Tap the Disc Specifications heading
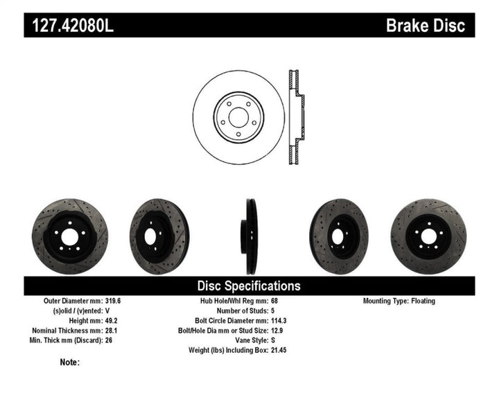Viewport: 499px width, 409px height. click(x=249, y=286)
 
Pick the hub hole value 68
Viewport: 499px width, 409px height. click(x=274, y=302)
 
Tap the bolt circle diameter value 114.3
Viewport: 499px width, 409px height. click(x=280, y=321)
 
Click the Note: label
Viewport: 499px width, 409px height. click(x=70, y=362)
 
